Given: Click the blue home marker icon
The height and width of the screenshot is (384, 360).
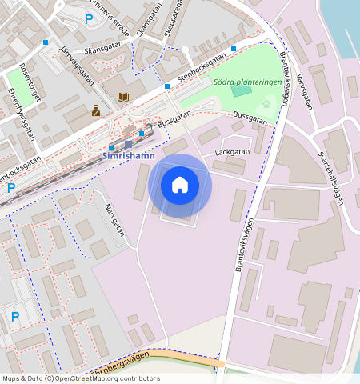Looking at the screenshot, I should point(180,185).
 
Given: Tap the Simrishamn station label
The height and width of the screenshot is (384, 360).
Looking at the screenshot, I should point(129,158).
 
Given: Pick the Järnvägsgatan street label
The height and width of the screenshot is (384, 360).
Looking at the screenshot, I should point(77,65).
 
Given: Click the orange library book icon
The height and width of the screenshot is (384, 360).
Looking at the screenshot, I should point(122,97).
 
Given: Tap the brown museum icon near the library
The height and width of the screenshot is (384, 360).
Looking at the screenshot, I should point(96,110).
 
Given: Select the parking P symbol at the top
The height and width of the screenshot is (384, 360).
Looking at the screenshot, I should point(89,18).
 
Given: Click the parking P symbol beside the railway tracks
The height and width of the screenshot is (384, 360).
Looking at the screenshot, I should point(11,188).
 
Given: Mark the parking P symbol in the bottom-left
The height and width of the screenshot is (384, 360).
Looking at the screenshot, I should point(14,317).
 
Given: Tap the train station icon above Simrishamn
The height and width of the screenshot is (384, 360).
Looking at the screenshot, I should point(128,145).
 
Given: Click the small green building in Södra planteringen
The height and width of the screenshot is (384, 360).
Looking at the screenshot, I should point(240,90).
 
